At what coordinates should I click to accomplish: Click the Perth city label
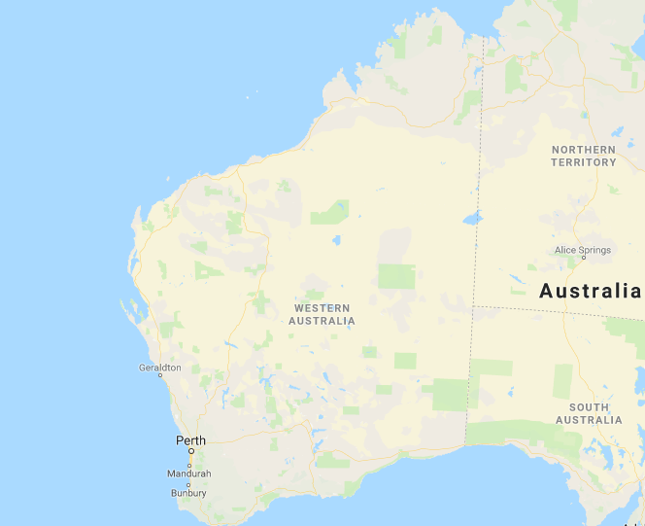tap(190, 440)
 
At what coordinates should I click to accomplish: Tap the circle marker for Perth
tap(191, 451)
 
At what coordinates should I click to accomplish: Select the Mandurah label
tap(189, 473)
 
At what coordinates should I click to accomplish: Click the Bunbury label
tap(187, 493)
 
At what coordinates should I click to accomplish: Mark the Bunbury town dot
tap(189, 484)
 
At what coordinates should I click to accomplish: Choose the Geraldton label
tap(160, 368)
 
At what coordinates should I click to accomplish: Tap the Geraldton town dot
tap(161, 375)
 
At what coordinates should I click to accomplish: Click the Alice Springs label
tap(583, 250)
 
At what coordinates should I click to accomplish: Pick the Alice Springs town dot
tap(583, 259)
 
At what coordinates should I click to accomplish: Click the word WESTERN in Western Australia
tap(322, 308)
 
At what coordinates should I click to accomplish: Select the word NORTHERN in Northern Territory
tap(583, 150)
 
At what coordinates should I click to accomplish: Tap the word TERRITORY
tap(583, 162)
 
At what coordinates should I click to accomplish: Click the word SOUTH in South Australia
tap(590, 407)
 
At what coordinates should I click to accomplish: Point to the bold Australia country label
tap(591, 291)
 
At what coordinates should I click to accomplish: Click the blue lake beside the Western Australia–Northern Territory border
tap(472, 218)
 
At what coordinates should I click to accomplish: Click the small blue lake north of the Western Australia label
tap(336, 239)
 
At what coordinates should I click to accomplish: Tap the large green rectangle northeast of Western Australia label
tap(396, 276)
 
